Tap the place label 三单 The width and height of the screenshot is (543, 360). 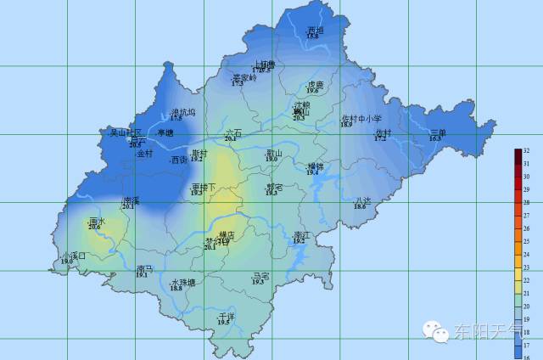click(x=438, y=132)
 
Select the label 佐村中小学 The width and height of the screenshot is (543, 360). click(x=361, y=119)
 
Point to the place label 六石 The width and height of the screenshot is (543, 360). click(x=233, y=132)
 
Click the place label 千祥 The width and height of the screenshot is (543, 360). click(x=225, y=315)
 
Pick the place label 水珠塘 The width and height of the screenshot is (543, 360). click(x=182, y=282)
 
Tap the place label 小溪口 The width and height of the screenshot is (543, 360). click(x=74, y=256)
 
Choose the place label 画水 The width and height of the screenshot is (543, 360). click(x=95, y=221)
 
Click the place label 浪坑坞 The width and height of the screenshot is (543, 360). click(x=182, y=112)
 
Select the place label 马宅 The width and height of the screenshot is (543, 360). click(x=260, y=276)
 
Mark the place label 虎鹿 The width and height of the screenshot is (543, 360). click(x=316, y=85)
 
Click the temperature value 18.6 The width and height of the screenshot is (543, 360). click(x=361, y=206)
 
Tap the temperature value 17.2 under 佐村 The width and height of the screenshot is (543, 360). click(x=380, y=138)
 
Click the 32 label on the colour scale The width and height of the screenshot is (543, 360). click(x=526, y=151)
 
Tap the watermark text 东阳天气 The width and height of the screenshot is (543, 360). click(x=489, y=331)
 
